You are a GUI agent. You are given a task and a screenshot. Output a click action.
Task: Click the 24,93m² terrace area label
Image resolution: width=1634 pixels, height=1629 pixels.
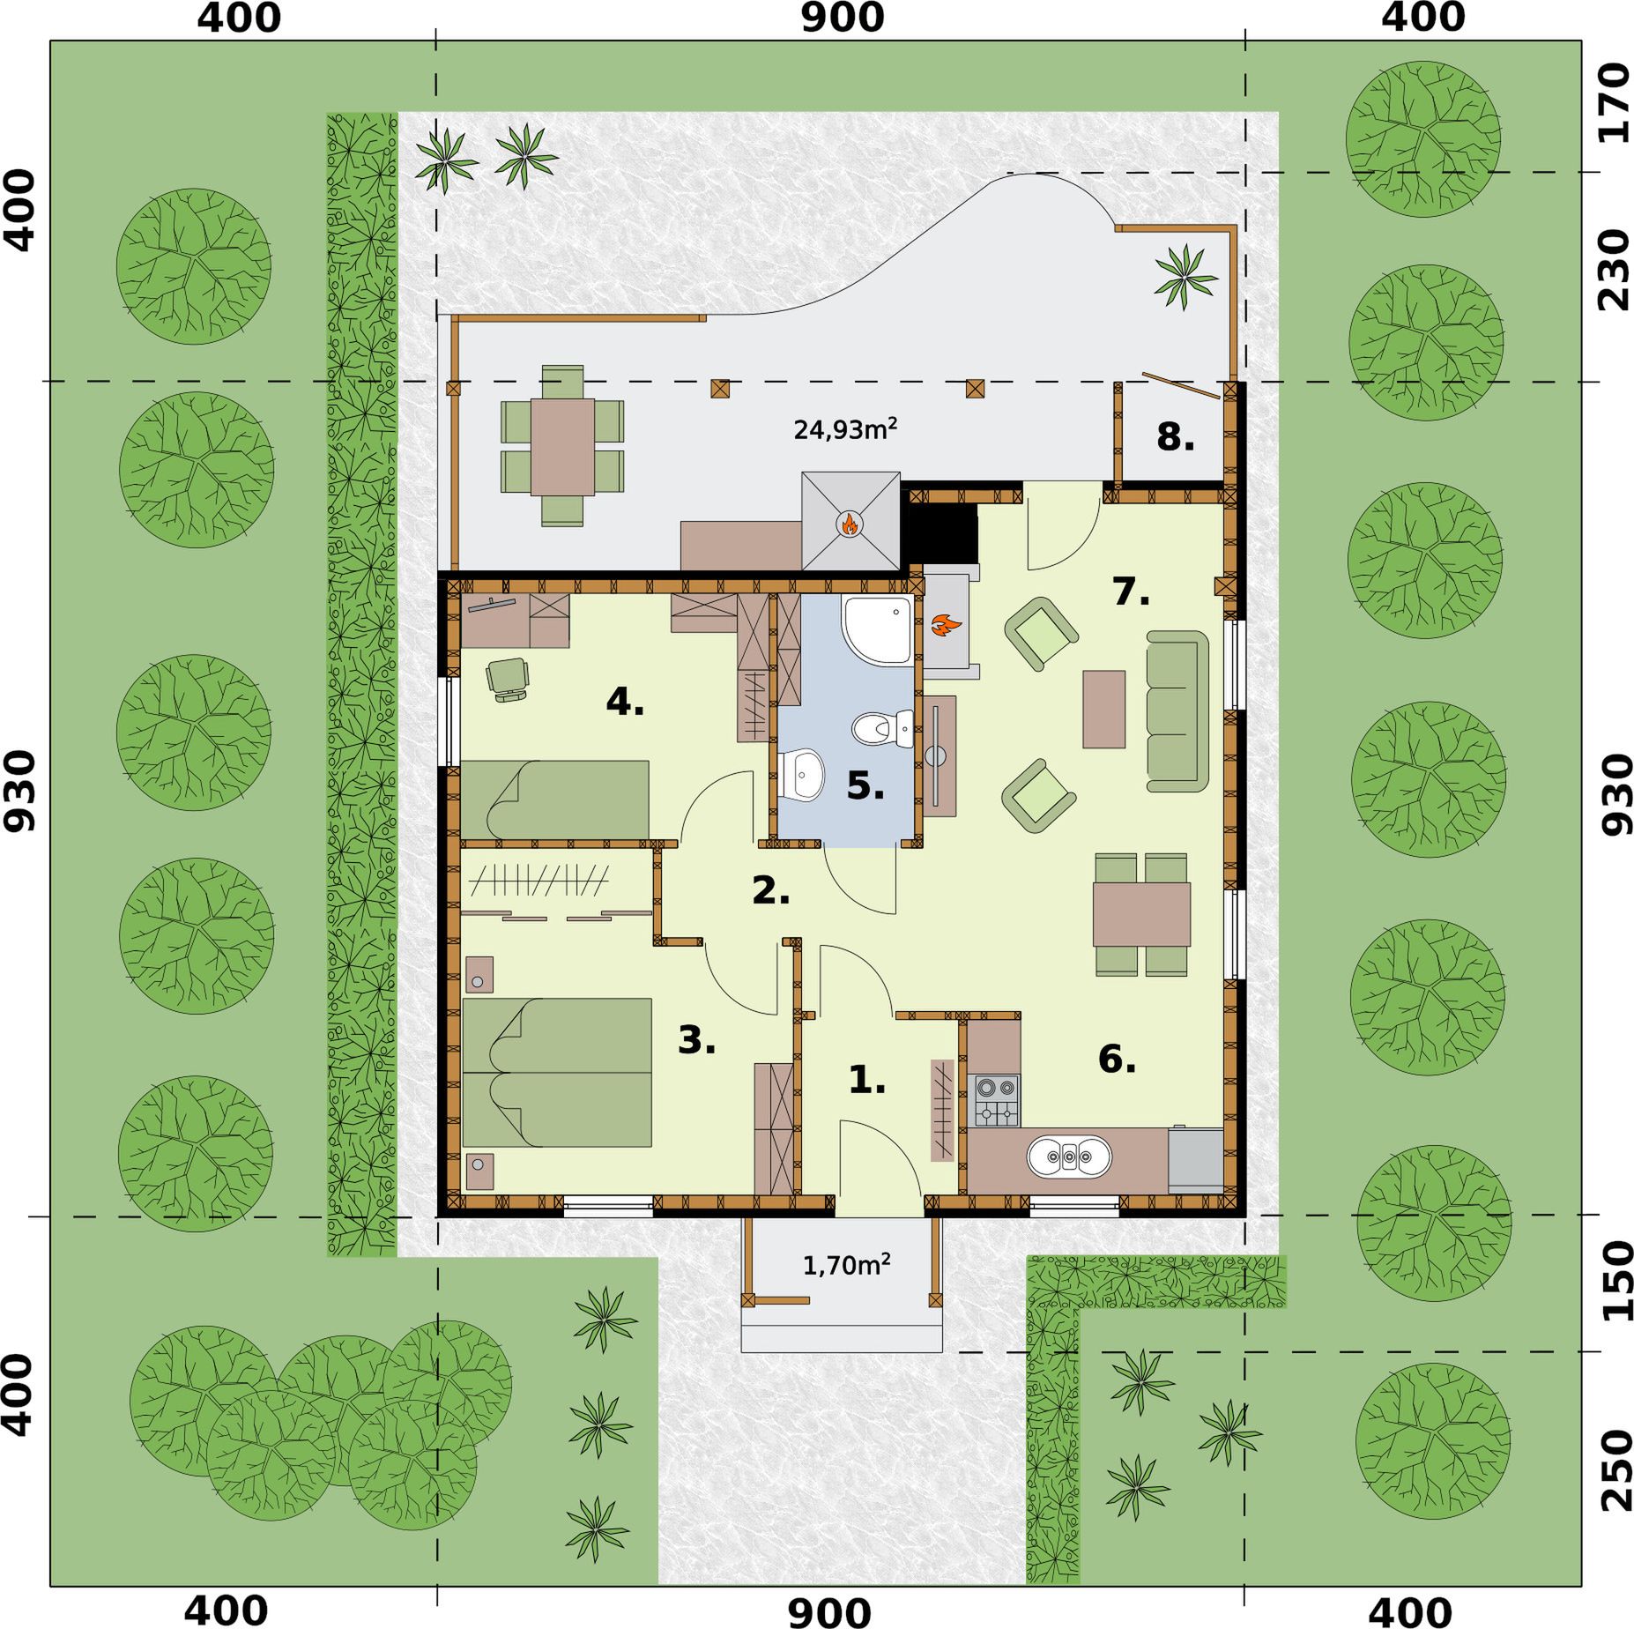pos(845,429)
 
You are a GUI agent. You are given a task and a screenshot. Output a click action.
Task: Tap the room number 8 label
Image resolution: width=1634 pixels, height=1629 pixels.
pos(1175,436)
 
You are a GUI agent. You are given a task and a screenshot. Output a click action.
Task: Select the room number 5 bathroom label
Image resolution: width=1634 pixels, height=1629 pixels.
pos(865,785)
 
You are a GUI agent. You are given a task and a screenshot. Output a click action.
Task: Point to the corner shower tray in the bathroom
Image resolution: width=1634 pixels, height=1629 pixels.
pos(877,629)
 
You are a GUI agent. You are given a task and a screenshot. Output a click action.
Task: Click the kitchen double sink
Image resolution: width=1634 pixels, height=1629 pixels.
pos(1069,1156)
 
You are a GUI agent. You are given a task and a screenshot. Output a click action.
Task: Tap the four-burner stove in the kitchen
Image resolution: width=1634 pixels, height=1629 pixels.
pos(997,1100)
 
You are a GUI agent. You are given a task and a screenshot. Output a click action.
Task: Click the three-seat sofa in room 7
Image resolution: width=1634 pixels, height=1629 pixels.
pos(1177,710)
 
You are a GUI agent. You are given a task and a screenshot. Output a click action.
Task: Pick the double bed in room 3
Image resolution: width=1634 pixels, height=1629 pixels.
pos(557,1072)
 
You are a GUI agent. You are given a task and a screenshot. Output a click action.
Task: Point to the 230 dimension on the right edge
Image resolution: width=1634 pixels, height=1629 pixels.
pos(1614,270)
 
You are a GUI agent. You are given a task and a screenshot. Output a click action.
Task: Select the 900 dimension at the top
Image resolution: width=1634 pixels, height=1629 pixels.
pos(842,18)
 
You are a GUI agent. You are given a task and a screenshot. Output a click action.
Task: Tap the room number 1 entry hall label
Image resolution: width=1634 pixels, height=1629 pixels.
pos(867,1080)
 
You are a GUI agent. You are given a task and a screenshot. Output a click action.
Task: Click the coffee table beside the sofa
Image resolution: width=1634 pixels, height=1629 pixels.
pos(1104,709)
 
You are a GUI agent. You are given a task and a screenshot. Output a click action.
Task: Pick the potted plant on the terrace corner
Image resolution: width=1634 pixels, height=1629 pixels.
pos(1185,276)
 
